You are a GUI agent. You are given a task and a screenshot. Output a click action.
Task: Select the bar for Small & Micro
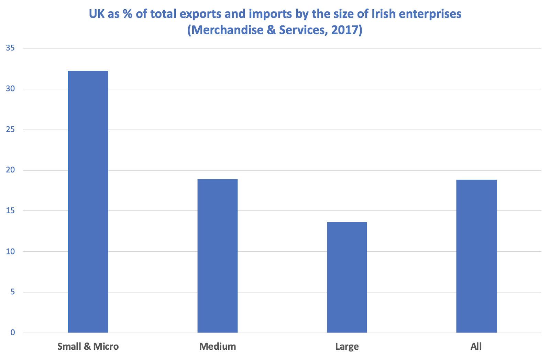click(88, 202)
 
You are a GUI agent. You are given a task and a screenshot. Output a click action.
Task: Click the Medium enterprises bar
click(218, 256)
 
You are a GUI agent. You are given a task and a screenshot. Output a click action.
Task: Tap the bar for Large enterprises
click(347, 277)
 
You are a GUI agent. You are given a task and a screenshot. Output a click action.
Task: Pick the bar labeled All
click(476, 257)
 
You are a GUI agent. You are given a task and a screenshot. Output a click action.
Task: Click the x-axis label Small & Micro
click(88, 347)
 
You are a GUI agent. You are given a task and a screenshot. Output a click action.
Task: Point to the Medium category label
click(218, 347)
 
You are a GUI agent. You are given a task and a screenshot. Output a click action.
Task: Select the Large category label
click(347, 347)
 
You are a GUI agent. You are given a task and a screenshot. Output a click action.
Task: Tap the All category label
click(476, 347)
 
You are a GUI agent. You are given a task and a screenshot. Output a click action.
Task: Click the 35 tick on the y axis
click(10, 48)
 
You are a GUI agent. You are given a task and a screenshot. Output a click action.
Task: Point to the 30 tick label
click(10, 89)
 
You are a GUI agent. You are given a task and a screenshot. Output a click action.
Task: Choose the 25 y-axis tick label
click(10, 129)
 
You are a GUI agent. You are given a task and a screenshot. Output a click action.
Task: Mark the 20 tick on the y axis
click(10, 170)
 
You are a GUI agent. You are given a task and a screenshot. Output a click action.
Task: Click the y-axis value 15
click(10, 211)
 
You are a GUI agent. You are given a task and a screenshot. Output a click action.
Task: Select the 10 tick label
click(10, 251)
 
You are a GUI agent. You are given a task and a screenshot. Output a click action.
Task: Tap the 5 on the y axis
click(12, 292)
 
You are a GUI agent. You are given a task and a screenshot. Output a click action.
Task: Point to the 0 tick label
click(12, 333)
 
